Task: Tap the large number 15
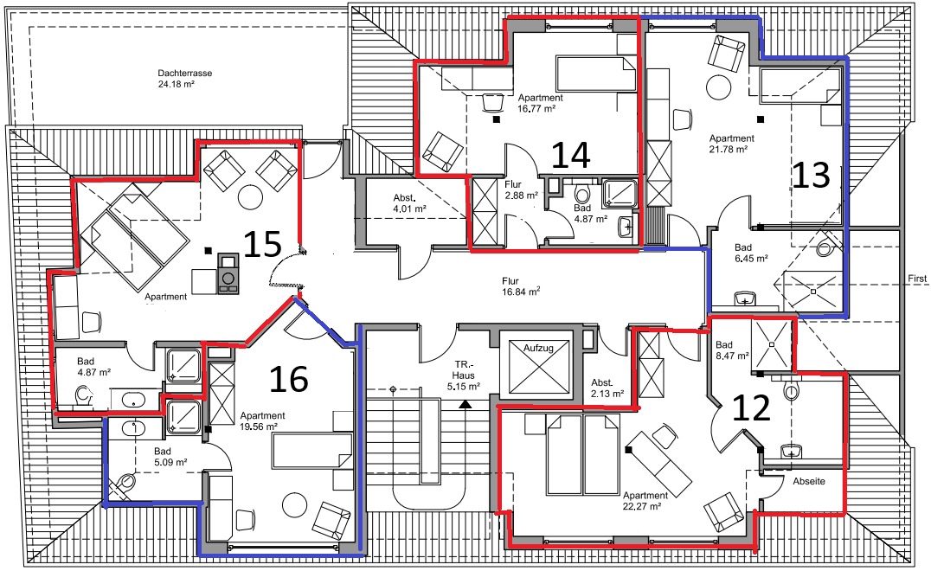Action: [262, 244]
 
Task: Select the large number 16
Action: [289, 379]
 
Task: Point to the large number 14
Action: [570, 155]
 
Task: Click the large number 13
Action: [811, 175]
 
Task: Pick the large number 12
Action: [751, 408]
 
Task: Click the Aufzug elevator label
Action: [538, 348]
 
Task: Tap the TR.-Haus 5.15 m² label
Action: [463, 375]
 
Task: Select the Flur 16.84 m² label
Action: [521, 286]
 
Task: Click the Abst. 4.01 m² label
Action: [409, 203]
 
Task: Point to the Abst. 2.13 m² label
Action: [607, 388]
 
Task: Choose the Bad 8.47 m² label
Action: [732, 350]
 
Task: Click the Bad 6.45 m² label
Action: [751, 253]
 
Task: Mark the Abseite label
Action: [809, 481]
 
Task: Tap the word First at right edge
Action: [917, 279]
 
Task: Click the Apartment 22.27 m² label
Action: [645, 500]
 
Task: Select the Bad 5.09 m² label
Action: [170, 457]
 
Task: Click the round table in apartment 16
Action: [294, 504]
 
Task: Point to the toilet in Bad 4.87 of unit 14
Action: [581, 194]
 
